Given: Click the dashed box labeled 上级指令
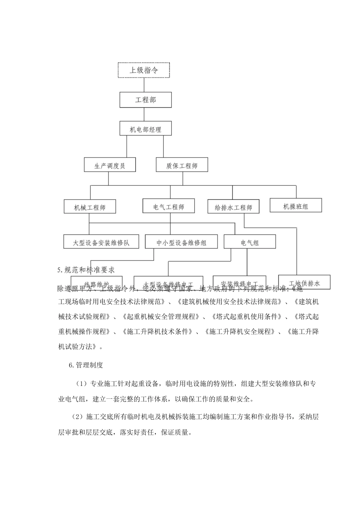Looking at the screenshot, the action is tap(144, 70).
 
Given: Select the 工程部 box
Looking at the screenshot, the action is tap(146, 100).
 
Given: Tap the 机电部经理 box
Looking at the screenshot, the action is tap(146, 129).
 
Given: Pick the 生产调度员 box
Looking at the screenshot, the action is tap(110, 165).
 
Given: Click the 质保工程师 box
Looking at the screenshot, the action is tap(182, 165).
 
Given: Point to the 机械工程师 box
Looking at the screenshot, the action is tap(89, 207).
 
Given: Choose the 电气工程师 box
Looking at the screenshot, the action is tap(169, 207).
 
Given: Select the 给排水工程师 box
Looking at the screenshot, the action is tap(233, 207).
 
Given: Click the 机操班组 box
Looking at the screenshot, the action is tap(296, 206).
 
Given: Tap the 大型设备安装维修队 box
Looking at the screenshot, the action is tap(101, 242).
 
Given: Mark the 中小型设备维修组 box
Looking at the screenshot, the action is tap(181, 242).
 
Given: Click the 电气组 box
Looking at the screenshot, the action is tap(250, 242).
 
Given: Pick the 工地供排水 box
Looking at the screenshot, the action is tap(304, 283).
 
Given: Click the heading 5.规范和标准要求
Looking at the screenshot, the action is tap(86, 270).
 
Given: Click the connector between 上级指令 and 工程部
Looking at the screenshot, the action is tap(144, 85).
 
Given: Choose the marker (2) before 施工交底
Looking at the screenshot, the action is tap(77, 417).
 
